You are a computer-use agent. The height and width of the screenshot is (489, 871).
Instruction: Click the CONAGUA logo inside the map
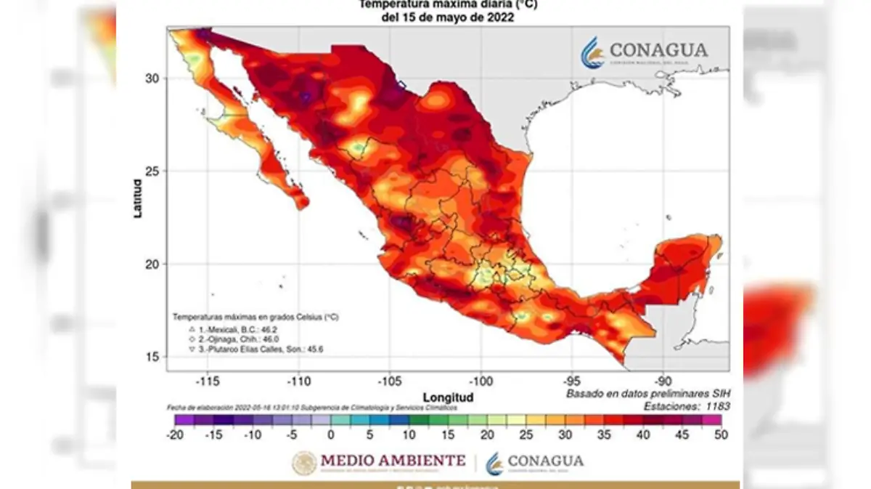click(644, 53)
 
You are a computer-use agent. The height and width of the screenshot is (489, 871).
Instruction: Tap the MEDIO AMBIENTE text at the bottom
click(392, 461)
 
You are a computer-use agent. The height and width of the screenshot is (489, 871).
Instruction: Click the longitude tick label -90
click(662, 381)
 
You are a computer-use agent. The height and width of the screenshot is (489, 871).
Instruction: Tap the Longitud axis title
click(448, 397)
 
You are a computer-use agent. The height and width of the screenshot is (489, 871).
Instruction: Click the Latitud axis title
click(137, 199)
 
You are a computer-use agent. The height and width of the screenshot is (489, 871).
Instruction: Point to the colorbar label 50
click(721, 435)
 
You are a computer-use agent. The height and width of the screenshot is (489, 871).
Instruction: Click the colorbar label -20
click(175, 435)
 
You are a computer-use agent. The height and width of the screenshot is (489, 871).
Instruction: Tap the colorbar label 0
click(331, 435)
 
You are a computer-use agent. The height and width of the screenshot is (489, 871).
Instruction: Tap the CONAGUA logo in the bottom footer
click(535, 461)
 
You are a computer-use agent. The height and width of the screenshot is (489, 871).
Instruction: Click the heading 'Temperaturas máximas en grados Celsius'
click(255, 318)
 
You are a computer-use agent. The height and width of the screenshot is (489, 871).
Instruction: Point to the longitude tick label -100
click(480, 381)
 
